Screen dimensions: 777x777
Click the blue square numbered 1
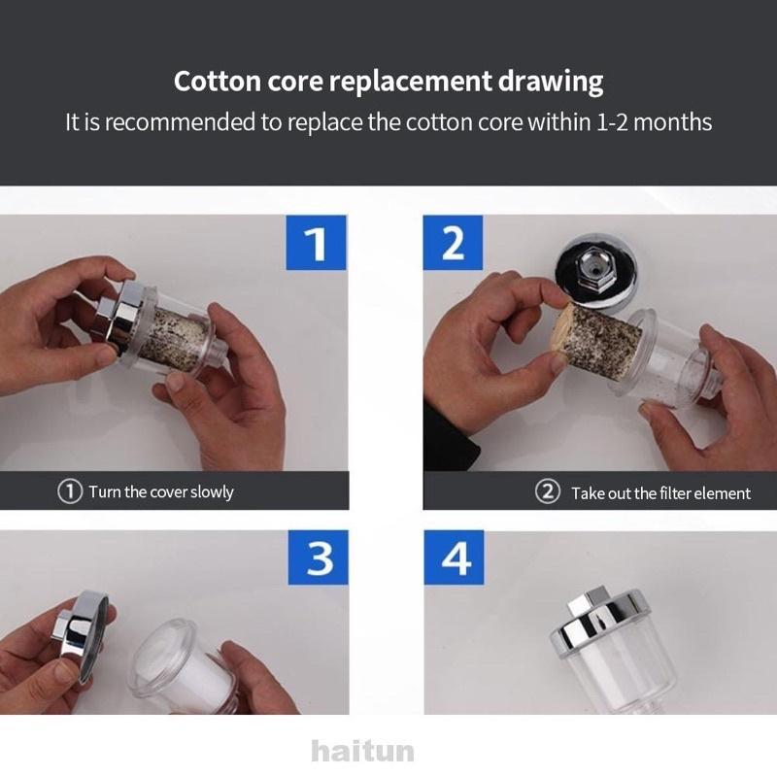317,243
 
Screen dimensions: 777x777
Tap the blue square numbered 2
453,243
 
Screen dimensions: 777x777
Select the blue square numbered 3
319,557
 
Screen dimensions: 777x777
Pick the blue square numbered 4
454,557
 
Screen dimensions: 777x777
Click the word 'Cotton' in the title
217,82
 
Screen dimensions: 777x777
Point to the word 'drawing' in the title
551,83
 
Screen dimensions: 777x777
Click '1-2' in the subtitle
612,122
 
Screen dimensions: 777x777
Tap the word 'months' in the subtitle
672,122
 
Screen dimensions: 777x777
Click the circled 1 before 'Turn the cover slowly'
70,491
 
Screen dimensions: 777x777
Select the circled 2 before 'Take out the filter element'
548,492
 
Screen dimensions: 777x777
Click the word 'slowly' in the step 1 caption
212,492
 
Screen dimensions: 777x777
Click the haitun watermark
362,751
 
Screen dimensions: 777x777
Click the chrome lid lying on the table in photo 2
594,273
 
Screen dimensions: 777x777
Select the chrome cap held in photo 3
80,629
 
